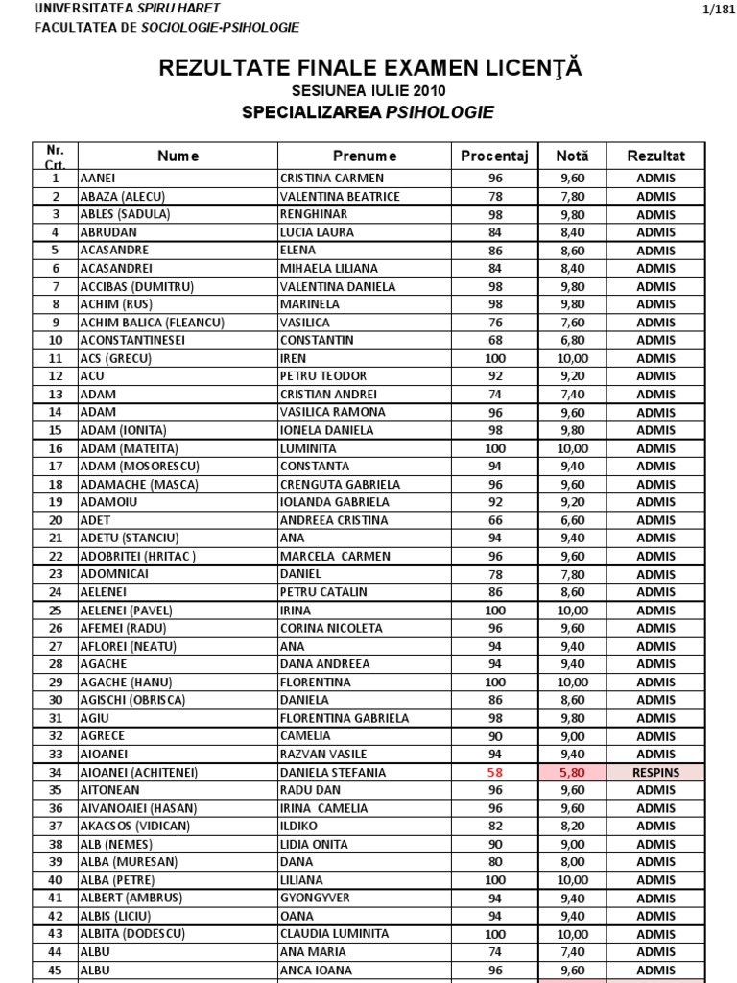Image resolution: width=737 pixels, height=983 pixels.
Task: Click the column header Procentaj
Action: [494, 156]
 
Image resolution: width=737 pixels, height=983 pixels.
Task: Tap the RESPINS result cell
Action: [655, 772]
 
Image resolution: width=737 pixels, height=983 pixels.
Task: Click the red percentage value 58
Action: [494, 772]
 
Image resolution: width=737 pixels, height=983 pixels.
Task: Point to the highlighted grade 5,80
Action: [573, 772]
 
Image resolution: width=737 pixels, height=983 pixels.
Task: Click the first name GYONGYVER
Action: [316, 898]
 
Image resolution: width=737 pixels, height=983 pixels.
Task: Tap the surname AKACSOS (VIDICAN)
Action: [135, 826]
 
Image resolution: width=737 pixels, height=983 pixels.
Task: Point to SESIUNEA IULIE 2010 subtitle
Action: [368, 91]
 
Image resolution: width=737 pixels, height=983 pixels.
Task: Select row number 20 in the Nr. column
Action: [56, 520]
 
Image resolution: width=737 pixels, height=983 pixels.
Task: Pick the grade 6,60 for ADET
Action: [573, 520]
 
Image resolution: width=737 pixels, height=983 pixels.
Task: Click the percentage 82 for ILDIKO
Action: [494, 826]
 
